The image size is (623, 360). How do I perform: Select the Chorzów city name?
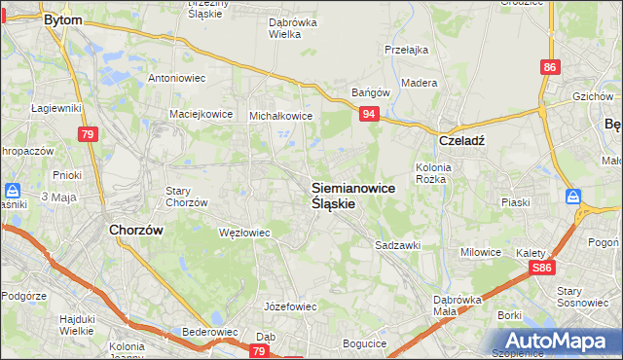(x=133, y=231)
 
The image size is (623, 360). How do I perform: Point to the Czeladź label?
(x=461, y=139)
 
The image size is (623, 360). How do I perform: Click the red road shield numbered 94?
(x=369, y=115)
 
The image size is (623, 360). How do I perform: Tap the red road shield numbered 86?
(x=551, y=67)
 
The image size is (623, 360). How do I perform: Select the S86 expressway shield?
(x=543, y=269)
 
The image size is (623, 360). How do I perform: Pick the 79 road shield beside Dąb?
(x=259, y=350)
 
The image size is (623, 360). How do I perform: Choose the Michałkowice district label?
(x=280, y=115)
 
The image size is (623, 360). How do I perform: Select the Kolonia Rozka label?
(x=435, y=172)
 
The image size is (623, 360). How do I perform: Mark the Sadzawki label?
(x=397, y=246)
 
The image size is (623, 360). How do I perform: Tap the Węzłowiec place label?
(x=244, y=234)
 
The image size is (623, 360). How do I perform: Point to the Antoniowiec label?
(x=174, y=78)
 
